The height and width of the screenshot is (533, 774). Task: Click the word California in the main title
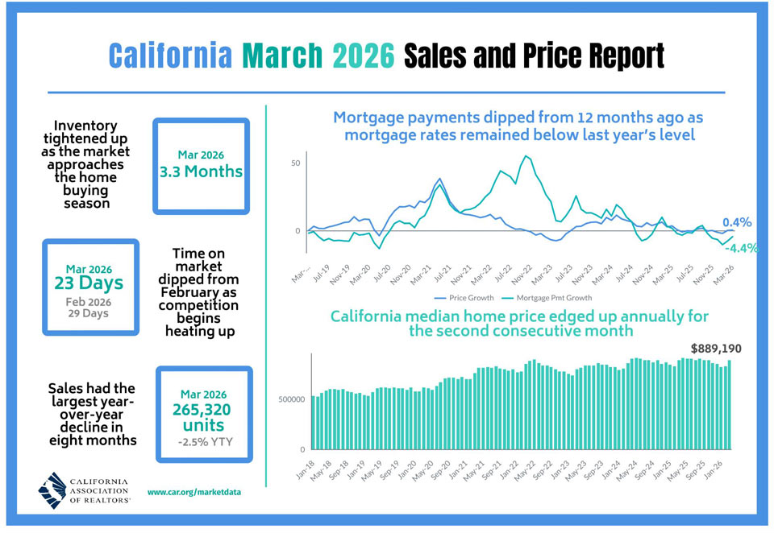(x=170, y=56)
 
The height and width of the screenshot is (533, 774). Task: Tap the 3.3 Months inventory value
(x=201, y=171)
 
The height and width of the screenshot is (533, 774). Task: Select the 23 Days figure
(x=89, y=283)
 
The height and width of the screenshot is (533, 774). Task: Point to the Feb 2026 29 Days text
(x=89, y=308)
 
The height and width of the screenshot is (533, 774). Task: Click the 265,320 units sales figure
(x=202, y=417)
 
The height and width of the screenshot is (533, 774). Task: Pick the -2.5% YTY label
(x=206, y=442)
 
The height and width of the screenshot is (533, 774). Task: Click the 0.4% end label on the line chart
(x=737, y=222)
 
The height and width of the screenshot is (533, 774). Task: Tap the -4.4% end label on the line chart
(x=742, y=248)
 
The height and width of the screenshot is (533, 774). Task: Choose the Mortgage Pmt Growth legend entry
(x=547, y=298)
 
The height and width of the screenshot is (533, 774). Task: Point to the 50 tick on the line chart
(x=296, y=163)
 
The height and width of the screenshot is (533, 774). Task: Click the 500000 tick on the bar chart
(x=291, y=399)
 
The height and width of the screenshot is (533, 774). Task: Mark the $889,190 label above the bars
(x=716, y=349)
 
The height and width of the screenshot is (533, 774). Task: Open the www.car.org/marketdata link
(x=194, y=492)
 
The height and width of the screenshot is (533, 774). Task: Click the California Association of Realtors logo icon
(x=52, y=490)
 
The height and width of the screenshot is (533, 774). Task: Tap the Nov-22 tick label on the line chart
(x=522, y=274)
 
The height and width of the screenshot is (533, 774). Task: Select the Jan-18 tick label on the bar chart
(x=306, y=470)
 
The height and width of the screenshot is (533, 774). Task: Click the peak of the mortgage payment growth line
(x=525, y=156)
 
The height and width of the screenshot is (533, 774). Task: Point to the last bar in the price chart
(x=729, y=405)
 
